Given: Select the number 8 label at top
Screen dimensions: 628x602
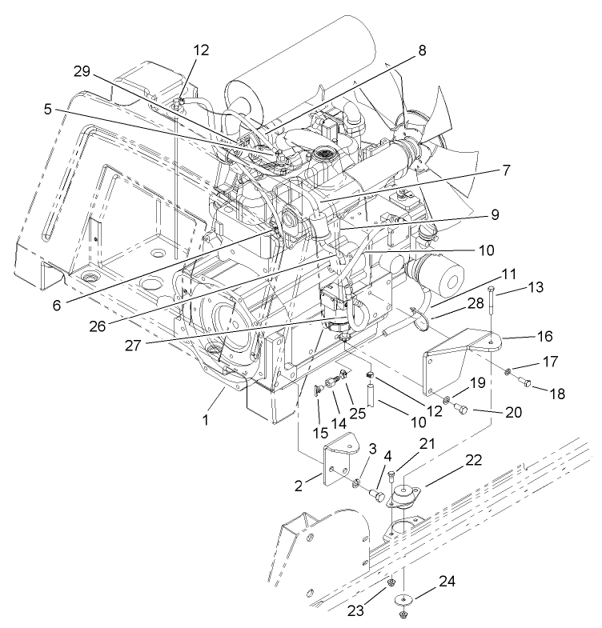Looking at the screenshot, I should click(x=422, y=50).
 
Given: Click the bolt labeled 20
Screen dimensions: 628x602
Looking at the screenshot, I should click(x=461, y=408).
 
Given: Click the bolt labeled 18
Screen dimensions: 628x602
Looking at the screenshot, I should click(x=529, y=386).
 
